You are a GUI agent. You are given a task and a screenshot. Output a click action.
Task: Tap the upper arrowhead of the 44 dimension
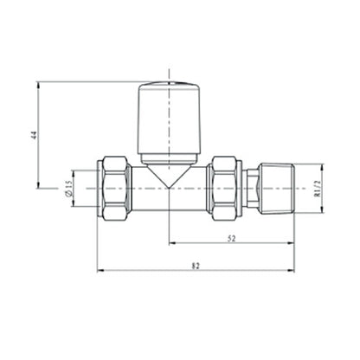[39, 86]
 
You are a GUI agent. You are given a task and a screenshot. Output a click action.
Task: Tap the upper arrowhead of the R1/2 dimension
[319, 164]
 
